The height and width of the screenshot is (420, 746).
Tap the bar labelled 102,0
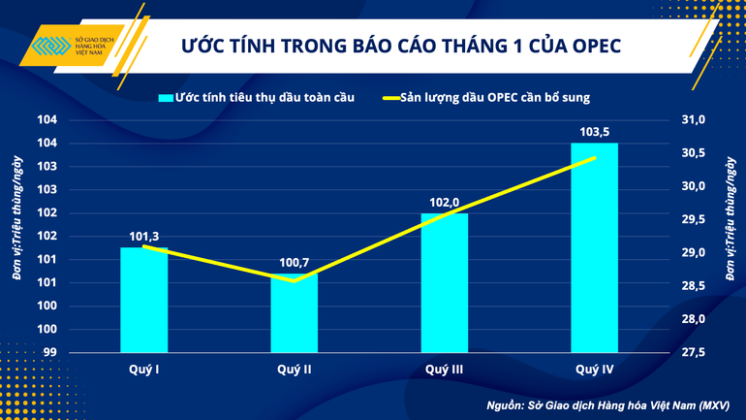(444, 281)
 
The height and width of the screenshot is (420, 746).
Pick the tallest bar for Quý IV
(594, 246)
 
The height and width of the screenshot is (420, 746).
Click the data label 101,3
(143, 236)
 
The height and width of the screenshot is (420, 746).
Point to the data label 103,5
(594, 131)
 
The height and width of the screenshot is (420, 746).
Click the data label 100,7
(294, 262)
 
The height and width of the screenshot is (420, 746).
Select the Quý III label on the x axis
(444, 370)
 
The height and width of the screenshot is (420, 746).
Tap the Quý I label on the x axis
(143, 370)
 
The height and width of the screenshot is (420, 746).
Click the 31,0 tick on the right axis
(696, 119)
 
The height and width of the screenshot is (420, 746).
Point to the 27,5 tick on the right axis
(696, 352)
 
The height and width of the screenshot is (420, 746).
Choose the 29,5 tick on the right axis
(696, 219)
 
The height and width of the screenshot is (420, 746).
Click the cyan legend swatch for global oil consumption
(165, 98)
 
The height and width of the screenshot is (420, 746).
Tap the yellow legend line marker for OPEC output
(391, 98)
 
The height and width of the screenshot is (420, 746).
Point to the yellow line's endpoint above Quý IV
(594, 158)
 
